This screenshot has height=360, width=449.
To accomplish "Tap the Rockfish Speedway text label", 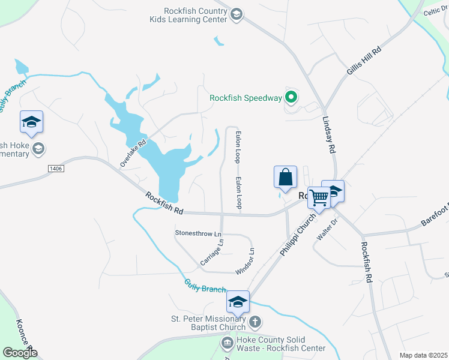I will click(x=246, y=98).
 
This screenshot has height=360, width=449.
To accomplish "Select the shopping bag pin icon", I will click(x=285, y=178).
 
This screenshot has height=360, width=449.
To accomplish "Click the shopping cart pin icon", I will click(x=319, y=197).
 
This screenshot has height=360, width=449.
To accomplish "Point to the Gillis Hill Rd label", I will click(x=364, y=61).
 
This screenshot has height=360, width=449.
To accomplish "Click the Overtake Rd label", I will click(x=133, y=154).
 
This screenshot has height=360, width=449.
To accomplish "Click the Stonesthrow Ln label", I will click(x=198, y=232).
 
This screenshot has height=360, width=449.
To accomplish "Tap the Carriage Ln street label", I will click(x=212, y=253).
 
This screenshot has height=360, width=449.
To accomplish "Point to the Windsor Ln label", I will click(x=246, y=262).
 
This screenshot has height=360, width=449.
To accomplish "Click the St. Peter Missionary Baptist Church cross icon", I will click(x=255, y=322).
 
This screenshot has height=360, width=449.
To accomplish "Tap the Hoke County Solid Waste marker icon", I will click(x=228, y=343).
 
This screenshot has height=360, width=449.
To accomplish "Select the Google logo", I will click(x=19, y=353).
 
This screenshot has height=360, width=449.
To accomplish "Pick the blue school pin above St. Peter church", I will click(x=238, y=302).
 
